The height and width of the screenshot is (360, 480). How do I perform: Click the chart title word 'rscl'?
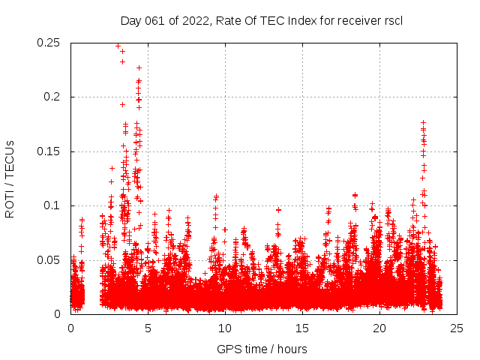(x=391, y=20)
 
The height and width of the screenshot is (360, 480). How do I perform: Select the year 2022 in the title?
(x=193, y=20)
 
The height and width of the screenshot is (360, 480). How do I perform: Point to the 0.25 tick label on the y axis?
(x=49, y=43)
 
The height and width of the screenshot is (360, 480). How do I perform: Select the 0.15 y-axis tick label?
(x=49, y=151)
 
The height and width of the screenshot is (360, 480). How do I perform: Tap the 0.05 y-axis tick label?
(x=49, y=260)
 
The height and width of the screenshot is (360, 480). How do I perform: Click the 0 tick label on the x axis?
(x=71, y=328)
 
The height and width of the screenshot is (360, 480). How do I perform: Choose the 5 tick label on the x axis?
(x=148, y=328)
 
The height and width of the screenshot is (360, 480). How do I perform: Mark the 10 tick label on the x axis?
(x=225, y=328)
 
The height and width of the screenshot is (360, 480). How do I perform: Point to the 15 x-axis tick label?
(x=302, y=328)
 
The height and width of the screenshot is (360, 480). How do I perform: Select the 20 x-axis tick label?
(x=379, y=328)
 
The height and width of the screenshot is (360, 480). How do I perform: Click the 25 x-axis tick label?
(x=456, y=328)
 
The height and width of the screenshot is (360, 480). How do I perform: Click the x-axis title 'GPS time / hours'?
(x=262, y=349)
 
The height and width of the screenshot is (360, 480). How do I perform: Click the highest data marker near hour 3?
(x=118, y=46)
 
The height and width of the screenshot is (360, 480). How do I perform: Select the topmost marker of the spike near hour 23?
(x=423, y=122)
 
